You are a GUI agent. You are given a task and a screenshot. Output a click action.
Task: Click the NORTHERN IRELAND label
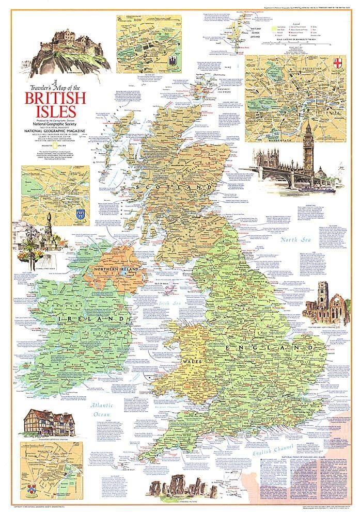[115, 270]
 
